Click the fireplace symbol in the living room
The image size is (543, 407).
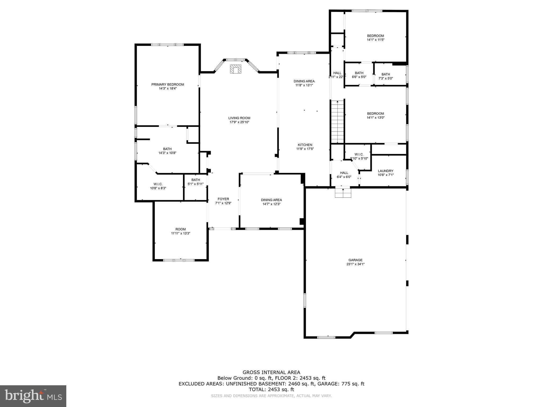tap(235, 69)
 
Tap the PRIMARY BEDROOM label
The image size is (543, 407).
tap(168, 85)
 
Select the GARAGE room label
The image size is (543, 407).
tap(355, 260)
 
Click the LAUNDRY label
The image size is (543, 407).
tap(386, 171)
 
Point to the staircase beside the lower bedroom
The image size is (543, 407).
tap(337, 122)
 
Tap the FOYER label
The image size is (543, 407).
tap(223, 199)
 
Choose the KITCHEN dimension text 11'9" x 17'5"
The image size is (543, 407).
tap(305, 149)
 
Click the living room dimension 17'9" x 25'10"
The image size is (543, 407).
tap(239, 122)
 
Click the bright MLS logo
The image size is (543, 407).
tap(33, 396)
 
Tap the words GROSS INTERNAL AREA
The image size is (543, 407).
tap(271, 372)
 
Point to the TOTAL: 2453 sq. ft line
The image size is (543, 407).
tap(271, 390)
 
